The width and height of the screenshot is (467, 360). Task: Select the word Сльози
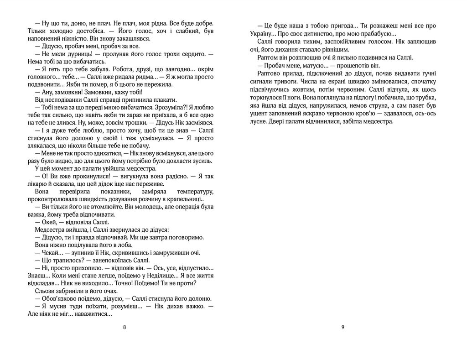(44, 291)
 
